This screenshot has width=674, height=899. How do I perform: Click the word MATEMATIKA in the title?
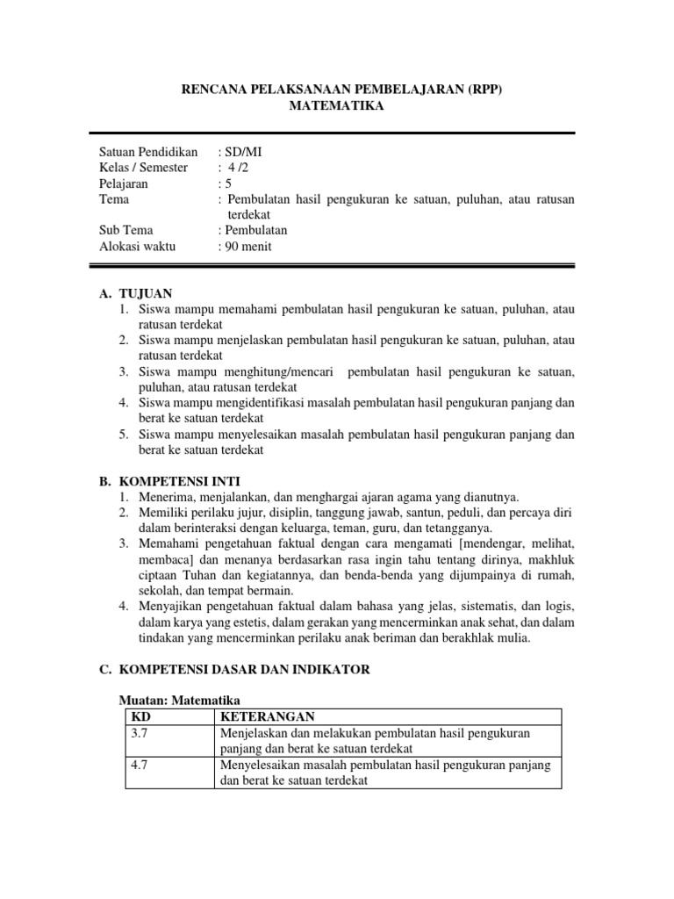tap(336, 106)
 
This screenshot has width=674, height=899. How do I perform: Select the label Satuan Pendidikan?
tap(148, 152)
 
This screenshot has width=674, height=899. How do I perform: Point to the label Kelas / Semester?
tap(143, 168)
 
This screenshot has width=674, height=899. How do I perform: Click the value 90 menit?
tap(247, 247)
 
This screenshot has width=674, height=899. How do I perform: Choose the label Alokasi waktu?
tap(137, 247)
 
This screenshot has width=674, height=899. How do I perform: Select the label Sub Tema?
tap(126, 231)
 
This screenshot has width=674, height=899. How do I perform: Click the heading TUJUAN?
tap(144, 293)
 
